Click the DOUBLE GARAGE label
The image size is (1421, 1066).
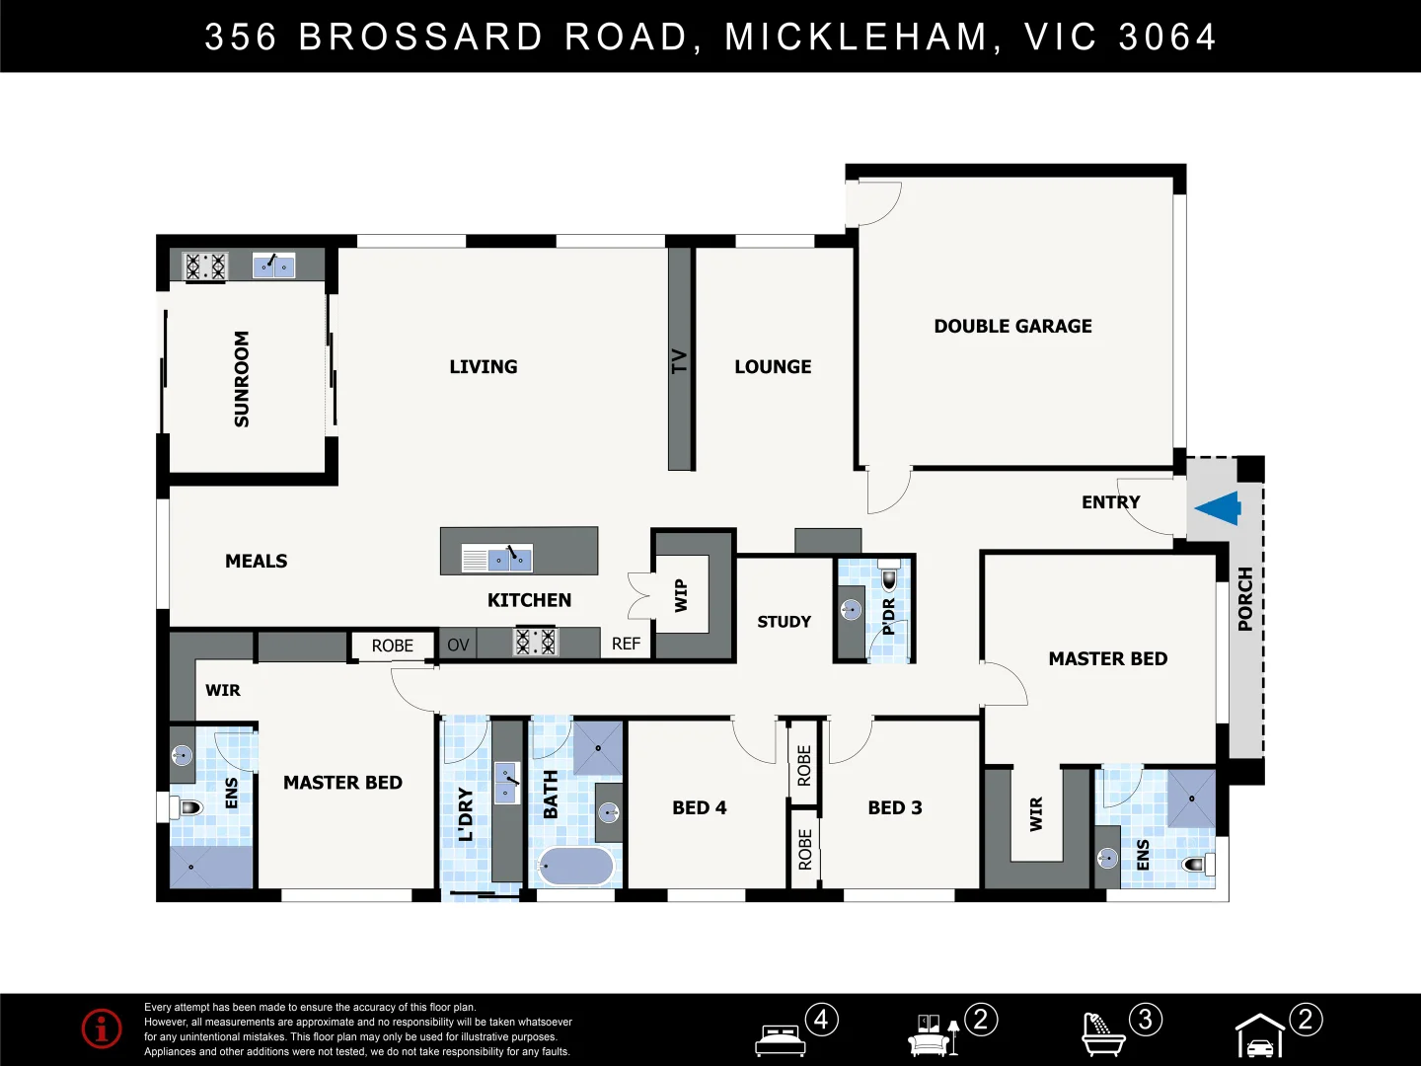pyautogui.click(x=1012, y=326)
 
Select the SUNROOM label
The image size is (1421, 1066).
pyautogui.click(x=242, y=379)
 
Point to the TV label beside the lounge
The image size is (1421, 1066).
pyautogui.click(x=679, y=361)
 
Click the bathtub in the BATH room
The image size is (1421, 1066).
pyautogui.click(x=575, y=867)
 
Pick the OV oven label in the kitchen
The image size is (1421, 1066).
pyautogui.click(x=458, y=645)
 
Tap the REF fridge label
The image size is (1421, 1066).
pyautogui.click(x=626, y=644)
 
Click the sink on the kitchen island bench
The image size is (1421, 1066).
pyautogui.click(x=510, y=560)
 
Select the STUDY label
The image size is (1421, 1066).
pyautogui.click(x=784, y=622)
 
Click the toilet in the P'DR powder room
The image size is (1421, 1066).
pyautogui.click(x=888, y=578)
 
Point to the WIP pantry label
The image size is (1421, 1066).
pyautogui.click(x=681, y=595)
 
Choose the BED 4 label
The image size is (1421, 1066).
pyautogui.click(x=699, y=807)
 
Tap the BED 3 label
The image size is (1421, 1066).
pyautogui.click(x=894, y=807)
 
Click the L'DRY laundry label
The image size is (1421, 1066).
pyautogui.click(x=465, y=814)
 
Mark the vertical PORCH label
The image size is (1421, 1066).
pyautogui.click(x=1245, y=599)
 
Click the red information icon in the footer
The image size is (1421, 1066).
pyautogui.click(x=102, y=1028)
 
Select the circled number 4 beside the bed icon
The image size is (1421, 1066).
pyautogui.click(x=821, y=1019)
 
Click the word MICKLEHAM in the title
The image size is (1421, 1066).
pyautogui.click(x=857, y=38)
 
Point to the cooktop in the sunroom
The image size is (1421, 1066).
pyautogui.click(x=205, y=266)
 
